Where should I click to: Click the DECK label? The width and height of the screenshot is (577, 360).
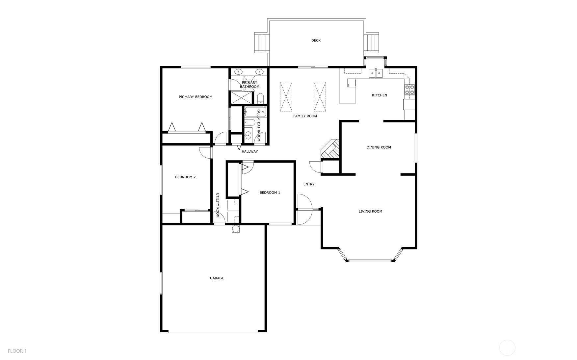316,40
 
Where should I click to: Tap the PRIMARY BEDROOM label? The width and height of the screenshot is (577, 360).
196,97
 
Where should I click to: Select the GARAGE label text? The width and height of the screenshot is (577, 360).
217,278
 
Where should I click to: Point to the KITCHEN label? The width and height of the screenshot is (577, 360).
380,95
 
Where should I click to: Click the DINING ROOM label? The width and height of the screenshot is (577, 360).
379,147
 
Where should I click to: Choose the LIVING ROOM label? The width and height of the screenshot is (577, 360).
370,211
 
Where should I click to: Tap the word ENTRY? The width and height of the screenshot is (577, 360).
309,184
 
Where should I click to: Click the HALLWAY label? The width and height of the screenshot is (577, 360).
250,151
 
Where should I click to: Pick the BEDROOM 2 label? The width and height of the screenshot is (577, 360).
185,177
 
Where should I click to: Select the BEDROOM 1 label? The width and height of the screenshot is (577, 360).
270,193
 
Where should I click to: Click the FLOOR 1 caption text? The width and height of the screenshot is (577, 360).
17,351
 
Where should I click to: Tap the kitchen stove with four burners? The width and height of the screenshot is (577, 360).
410,90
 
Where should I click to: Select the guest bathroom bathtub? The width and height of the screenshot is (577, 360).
255,112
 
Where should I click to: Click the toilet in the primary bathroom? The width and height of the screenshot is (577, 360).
260,98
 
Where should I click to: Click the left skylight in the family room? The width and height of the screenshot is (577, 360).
286,97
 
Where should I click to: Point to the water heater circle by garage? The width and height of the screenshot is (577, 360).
236,229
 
